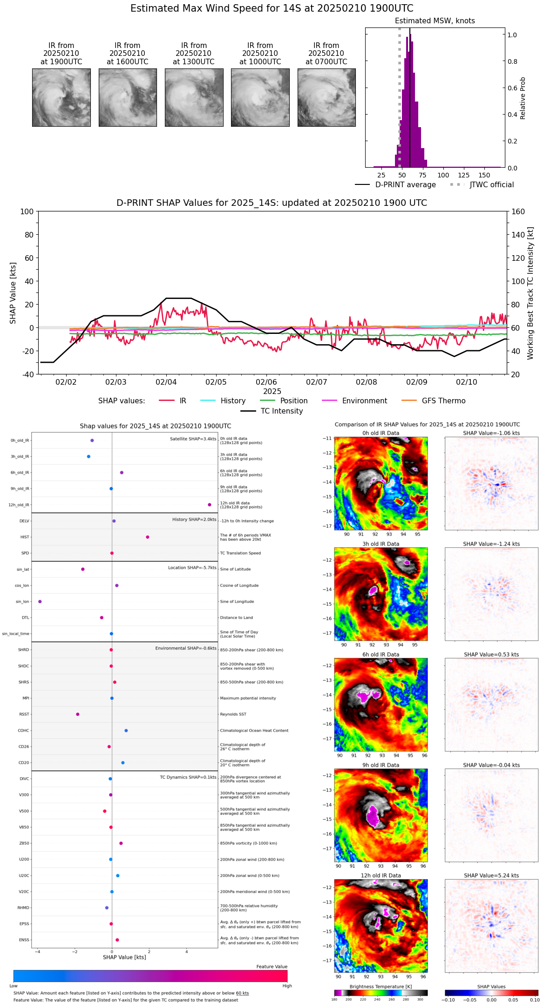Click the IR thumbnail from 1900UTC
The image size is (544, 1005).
(61, 97)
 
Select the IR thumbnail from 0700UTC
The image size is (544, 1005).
(326, 97)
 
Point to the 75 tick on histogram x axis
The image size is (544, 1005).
(422, 175)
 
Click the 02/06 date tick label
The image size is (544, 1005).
(266, 382)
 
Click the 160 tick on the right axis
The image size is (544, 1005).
(518, 212)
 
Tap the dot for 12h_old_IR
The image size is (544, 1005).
(210, 505)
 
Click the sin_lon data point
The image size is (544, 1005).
(40, 602)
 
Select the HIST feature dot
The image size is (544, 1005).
(148, 537)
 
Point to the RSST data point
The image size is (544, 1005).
(78, 714)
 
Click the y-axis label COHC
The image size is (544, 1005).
(23, 731)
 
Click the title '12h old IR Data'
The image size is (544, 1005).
(381, 876)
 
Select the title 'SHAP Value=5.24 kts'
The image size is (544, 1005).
(491, 876)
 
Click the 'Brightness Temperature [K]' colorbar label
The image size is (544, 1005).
(381, 986)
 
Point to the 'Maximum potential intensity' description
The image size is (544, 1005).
(248, 698)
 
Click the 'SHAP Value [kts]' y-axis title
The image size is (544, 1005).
(13, 293)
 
